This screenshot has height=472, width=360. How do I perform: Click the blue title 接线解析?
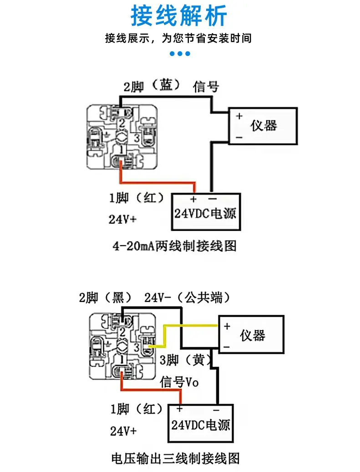coord(179,15)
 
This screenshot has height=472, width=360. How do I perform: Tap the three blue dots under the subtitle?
coord(180,54)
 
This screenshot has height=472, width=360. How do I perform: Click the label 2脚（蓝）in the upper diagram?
coord(152,86)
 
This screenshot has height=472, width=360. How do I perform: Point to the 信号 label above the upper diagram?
coord(206,87)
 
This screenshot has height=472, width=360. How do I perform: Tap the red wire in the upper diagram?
coord(157,182)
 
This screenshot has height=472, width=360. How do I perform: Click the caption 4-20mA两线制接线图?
coord(174,246)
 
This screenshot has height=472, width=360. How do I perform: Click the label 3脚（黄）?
coord(186,360)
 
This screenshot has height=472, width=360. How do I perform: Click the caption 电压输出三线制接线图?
coord(175,458)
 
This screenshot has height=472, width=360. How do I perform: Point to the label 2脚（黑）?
coord(106,298)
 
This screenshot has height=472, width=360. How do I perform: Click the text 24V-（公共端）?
coord(187,297)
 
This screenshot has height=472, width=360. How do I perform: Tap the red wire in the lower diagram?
coord(151,390)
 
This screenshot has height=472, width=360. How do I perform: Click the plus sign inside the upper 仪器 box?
coord(239,116)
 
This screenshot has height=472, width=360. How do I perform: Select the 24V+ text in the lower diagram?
coord(123,431)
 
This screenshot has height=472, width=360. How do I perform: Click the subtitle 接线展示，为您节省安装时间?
coord(178,38)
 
